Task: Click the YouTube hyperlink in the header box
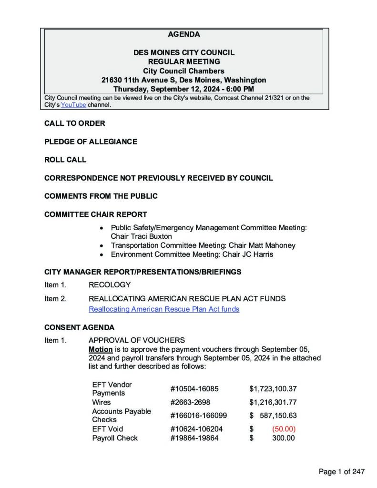[x=73, y=105]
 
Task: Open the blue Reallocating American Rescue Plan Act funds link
[x=163, y=309]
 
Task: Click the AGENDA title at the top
[x=184, y=34]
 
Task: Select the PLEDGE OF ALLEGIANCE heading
[x=91, y=142]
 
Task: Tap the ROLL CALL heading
[x=65, y=160]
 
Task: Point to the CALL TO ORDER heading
[x=74, y=123]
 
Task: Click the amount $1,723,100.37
[x=273, y=389]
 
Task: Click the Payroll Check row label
[x=115, y=438]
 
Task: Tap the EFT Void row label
[x=107, y=429]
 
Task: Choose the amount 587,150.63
[x=278, y=416]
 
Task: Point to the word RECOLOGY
[x=109, y=285]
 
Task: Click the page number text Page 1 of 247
[x=341, y=472]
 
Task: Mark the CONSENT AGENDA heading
[x=79, y=327]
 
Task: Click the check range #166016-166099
[x=195, y=416]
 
